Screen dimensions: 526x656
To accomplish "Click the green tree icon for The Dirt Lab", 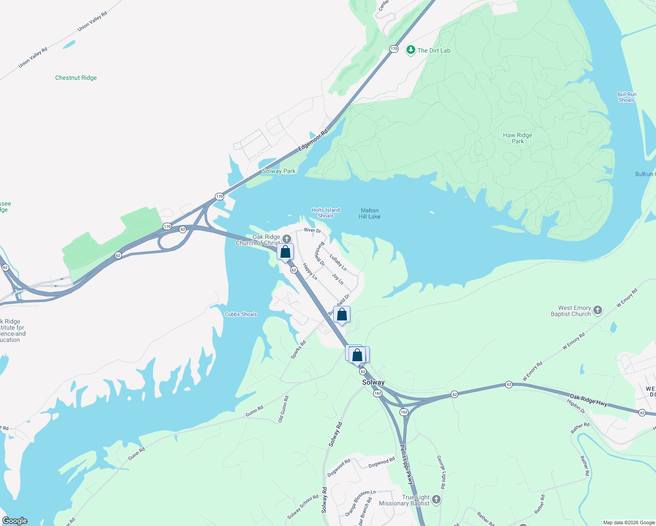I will (410, 50).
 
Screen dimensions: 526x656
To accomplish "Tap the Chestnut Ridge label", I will (76, 78).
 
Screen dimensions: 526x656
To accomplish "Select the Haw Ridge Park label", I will (517, 138).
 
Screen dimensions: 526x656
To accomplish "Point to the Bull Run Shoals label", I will (627, 97).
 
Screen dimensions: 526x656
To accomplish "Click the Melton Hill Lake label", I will (369, 213).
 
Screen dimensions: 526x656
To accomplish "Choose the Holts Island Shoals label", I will (325, 213).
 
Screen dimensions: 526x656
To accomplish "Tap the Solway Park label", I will (278, 171).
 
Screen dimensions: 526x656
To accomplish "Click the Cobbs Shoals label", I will (241, 314).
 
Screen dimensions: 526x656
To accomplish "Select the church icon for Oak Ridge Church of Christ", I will (286, 238).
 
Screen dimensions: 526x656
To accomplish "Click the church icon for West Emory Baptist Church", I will (597, 311).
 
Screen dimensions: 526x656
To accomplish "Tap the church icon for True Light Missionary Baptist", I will (436, 499).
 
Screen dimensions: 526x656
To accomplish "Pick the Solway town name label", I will (373, 382).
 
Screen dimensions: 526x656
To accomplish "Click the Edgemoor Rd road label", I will (313, 141).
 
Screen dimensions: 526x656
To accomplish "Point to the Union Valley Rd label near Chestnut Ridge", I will (32, 58).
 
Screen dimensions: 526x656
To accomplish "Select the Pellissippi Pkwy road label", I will (406, 465).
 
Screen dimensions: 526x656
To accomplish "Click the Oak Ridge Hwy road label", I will (588, 400).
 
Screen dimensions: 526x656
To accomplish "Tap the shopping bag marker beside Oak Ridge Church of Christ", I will (285, 252).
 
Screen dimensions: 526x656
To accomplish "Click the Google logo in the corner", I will (15, 521).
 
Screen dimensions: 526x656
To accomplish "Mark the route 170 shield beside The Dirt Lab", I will (394, 49).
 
